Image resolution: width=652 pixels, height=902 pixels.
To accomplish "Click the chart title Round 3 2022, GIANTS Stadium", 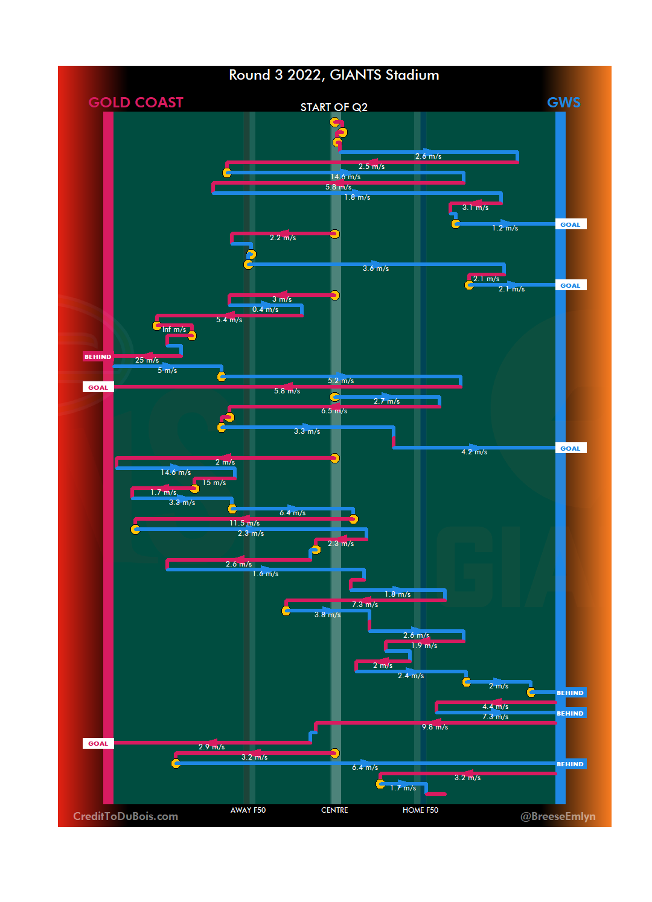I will (x=334, y=75).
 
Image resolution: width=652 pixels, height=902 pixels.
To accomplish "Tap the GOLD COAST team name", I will (x=136, y=103).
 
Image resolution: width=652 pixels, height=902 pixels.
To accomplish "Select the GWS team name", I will (x=563, y=103).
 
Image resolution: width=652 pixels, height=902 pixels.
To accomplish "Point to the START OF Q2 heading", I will (x=334, y=107).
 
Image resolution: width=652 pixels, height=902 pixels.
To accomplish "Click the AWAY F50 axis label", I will (x=248, y=810).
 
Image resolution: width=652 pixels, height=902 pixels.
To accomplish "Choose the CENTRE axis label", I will (x=334, y=810).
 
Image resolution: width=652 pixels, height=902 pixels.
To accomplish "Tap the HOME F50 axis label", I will (x=420, y=810).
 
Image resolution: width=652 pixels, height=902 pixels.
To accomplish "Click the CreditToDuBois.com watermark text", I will (x=126, y=816).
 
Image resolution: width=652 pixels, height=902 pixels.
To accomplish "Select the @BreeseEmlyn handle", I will (x=558, y=816).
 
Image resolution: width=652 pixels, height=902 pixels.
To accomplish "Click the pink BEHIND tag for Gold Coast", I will (x=98, y=357).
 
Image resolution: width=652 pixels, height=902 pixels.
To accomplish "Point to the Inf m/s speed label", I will (x=174, y=329).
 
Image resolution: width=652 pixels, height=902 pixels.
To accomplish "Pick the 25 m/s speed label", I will (x=147, y=360).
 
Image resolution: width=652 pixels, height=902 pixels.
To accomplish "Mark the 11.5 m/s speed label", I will (x=245, y=523).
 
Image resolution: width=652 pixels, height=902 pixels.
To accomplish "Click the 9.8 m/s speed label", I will (x=435, y=727).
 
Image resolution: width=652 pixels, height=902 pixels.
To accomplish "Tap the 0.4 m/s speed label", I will (x=265, y=310).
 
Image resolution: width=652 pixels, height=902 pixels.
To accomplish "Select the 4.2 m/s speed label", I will (x=474, y=452).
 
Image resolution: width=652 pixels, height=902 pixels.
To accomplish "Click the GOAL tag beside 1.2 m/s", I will (x=570, y=224).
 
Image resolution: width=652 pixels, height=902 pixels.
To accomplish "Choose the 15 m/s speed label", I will (x=214, y=483).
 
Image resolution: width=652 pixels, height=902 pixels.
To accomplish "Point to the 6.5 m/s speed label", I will (x=334, y=411).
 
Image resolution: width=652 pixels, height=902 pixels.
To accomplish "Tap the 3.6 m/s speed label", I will (x=376, y=268).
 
